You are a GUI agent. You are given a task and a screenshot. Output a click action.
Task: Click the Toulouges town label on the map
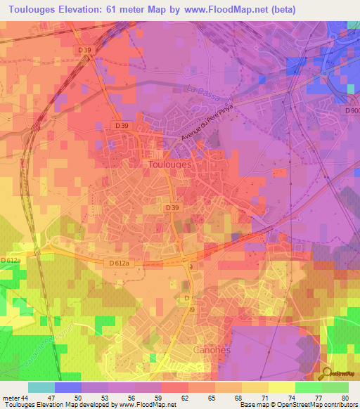tap(170, 164)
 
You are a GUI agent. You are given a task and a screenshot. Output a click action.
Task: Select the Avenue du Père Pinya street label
tap(205, 124)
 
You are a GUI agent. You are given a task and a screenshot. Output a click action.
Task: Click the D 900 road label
tap(352, 110)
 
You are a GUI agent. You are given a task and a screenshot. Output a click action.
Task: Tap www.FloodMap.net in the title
tap(224, 10)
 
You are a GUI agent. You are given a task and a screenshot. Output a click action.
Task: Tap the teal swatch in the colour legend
tap(41, 387)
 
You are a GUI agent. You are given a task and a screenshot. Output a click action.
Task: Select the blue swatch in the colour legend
tap(68, 387)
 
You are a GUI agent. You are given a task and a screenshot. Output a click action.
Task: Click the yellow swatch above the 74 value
tap(282, 387)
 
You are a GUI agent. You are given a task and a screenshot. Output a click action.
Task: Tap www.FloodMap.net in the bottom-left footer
tap(148, 405)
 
